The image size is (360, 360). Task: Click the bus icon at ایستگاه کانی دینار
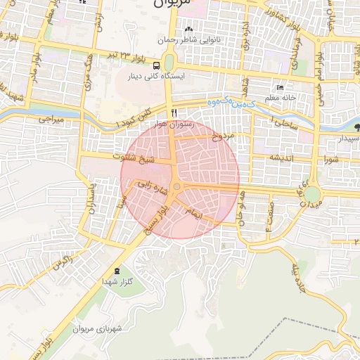[157, 65]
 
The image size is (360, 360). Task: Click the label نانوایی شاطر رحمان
[188, 40]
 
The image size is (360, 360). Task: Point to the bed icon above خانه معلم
[281, 88]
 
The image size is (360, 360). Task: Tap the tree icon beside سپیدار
[357, 128]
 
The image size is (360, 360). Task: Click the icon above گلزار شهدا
[116, 271]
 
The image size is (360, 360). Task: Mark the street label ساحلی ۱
[284, 123]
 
